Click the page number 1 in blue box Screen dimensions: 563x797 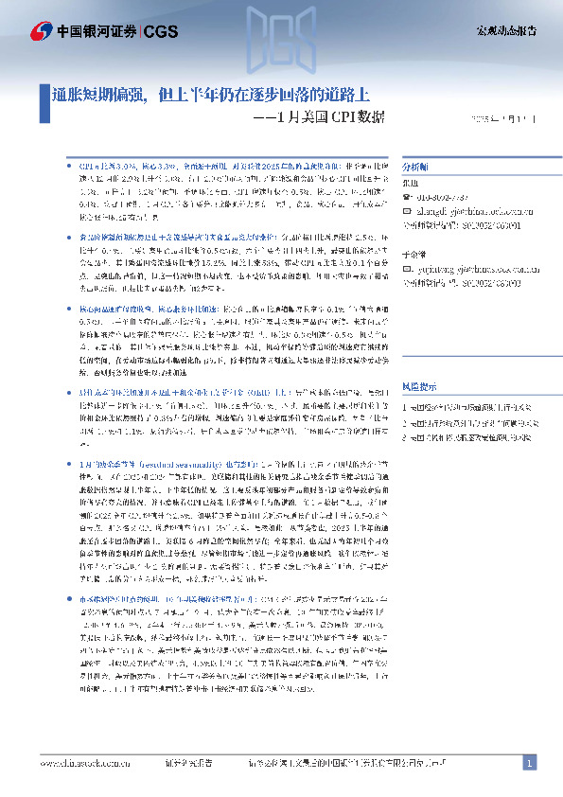[x=530, y=763]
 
